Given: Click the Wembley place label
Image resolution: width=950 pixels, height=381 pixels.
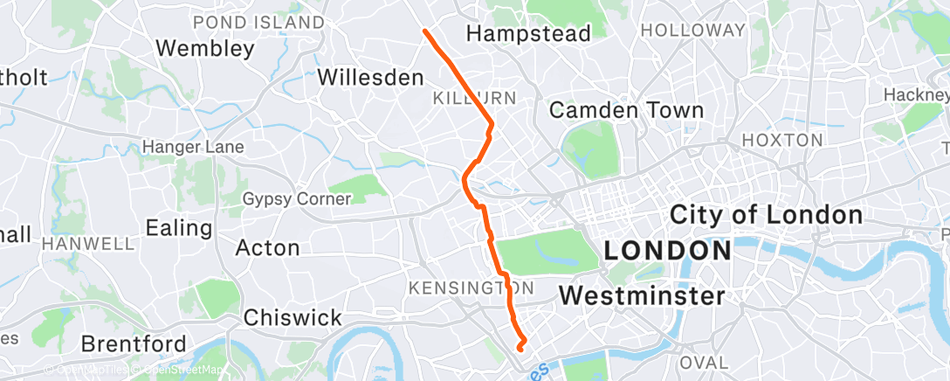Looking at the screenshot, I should (205, 47).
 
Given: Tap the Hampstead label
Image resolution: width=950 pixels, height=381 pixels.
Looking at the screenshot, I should (528, 33).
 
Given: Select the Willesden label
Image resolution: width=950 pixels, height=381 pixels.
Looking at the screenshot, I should (370, 77).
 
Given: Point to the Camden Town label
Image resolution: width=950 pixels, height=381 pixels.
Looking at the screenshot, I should (626, 110).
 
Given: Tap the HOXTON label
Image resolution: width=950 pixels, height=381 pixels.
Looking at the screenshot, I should (781, 140).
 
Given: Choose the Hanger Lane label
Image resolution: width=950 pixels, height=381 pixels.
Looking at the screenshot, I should (192, 147).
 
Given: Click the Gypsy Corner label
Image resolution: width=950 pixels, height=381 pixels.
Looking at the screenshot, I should (296, 198).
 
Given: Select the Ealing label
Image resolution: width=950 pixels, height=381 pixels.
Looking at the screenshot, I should (179, 228).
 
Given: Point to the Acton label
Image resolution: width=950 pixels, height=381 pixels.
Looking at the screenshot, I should (268, 248).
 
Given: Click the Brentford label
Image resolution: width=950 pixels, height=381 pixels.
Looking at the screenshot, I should (134, 343).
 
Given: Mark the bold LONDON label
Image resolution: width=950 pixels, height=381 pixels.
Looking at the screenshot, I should (668, 251).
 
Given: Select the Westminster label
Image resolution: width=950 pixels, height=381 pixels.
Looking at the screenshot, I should (642, 295).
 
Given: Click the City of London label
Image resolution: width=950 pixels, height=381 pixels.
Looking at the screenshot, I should (766, 214).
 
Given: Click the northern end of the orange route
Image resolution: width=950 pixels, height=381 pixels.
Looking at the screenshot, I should (425, 31).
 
